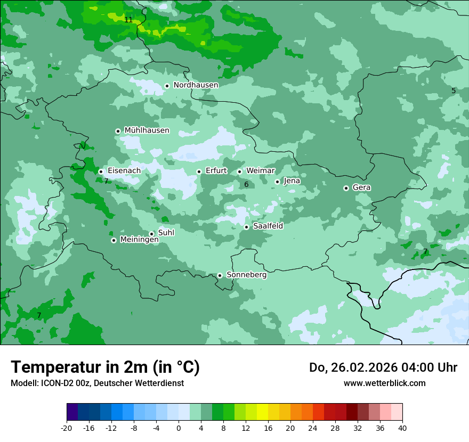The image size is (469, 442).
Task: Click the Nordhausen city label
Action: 196,85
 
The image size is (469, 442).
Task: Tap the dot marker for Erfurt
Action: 199,171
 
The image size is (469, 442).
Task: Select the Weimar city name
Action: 260,171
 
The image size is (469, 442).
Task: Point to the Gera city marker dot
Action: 346,188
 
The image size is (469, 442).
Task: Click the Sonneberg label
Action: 246,275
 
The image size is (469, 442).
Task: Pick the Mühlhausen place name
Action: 147,130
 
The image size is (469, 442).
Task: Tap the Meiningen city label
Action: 139,240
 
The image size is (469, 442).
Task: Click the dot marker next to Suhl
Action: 151,234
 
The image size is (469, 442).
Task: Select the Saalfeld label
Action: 268,226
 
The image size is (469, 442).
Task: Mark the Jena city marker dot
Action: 277,182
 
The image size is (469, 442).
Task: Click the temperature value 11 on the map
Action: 128,20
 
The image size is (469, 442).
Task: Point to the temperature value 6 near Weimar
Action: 246,185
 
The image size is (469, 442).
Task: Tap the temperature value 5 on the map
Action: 454,91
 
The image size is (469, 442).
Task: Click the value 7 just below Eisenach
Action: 106,182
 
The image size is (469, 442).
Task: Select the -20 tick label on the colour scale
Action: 67,428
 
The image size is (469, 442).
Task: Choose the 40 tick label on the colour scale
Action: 402,428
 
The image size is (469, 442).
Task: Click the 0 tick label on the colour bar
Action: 179,428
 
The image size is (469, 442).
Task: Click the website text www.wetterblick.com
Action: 384,383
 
